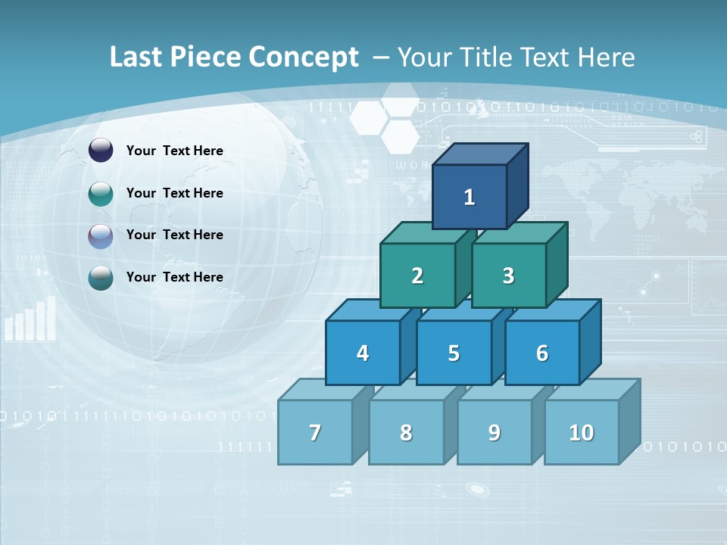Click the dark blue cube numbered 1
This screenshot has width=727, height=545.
pyautogui.click(x=470, y=197)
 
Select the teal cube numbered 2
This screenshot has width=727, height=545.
pyautogui.click(x=417, y=276)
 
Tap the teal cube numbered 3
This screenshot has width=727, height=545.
pyautogui.click(x=508, y=276)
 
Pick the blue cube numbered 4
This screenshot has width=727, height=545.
pyautogui.click(x=363, y=353)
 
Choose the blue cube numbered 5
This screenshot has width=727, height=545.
pyautogui.click(x=454, y=353)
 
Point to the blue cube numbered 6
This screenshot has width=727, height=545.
pyautogui.click(x=542, y=353)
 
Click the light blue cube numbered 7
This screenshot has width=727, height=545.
pyautogui.click(x=315, y=432)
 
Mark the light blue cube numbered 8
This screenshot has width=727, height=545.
pyautogui.click(x=406, y=432)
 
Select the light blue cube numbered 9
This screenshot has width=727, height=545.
pyautogui.click(x=495, y=432)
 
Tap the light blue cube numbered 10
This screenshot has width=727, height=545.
pyautogui.click(x=582, y=432)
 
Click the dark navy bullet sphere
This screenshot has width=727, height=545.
pyautogui.click(x=101, y=151)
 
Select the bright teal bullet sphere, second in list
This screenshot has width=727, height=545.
pyautogui.click(x=101, y=194)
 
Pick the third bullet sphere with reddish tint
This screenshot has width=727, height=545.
pyautogui.click(x=101, y=235)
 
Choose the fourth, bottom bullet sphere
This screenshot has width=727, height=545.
pyautogui.click(x=101, y=278)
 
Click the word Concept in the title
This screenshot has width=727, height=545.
pyautogui.click(x=303, y=58)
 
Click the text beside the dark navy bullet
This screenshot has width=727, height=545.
pyautogui.click(x=175, y=151)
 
